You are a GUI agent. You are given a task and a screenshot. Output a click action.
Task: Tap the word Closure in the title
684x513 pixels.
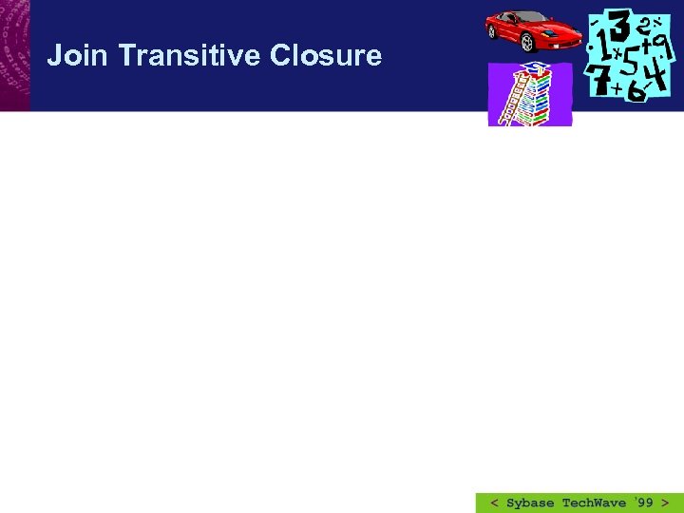[x=325, y=56]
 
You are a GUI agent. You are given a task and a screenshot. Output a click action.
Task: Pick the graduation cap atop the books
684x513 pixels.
[x=537, y=68]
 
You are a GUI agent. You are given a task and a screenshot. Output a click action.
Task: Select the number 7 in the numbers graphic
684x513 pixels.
[x=599, y=81]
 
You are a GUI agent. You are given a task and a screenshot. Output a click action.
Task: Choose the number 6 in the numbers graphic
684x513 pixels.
[x=635, y=91]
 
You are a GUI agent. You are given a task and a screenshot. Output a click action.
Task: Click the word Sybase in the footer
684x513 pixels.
[x=530, y=503]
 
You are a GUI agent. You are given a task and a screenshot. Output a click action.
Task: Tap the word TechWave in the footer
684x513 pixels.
[x=594, y=503]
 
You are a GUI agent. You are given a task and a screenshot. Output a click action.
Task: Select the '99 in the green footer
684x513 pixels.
[x=642, y=502]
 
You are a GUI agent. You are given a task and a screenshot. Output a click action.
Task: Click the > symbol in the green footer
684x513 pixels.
[x=665, y=503]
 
